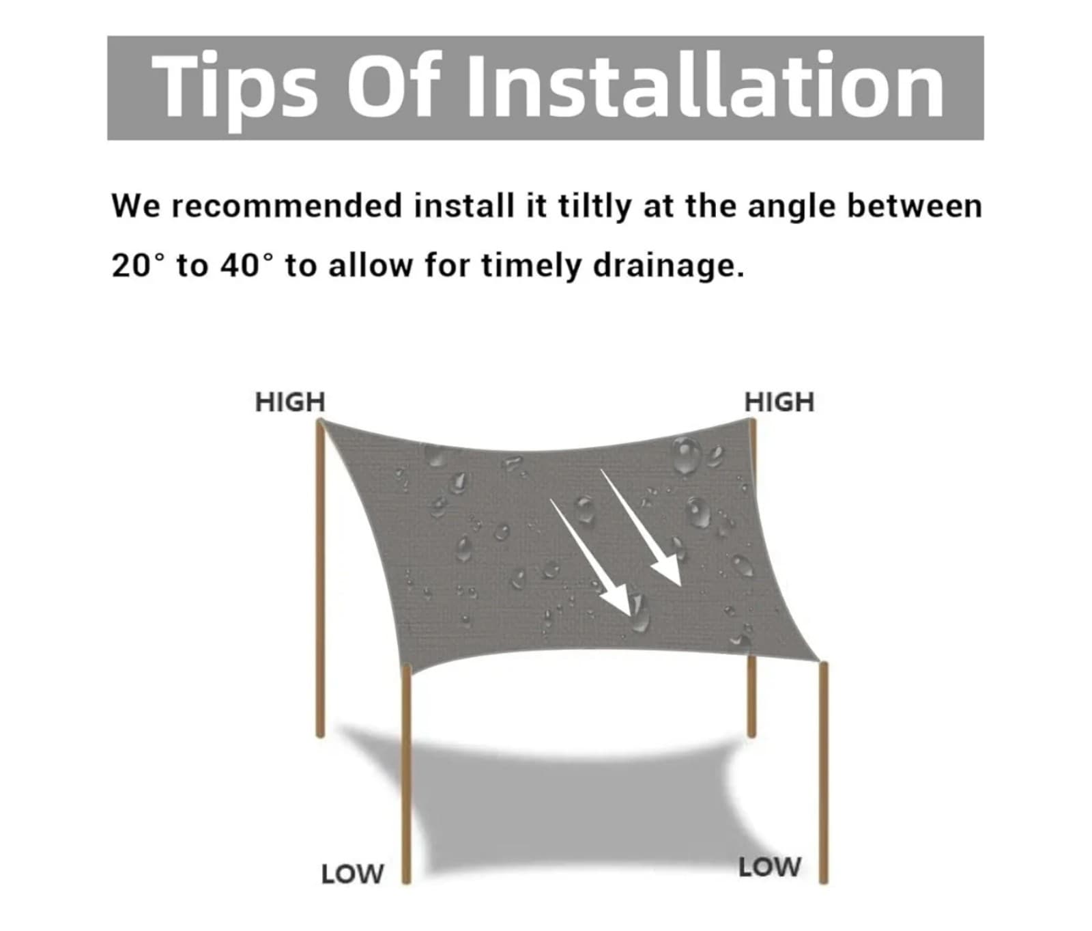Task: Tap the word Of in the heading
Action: (x=390, y=87)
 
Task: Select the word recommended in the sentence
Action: (x=287, y=206)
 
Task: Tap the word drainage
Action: (x=667, y=265)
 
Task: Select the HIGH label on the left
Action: (x=289, y=402)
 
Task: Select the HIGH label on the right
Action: (x=779, y=402)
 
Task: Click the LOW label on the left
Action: (x=352, y=874)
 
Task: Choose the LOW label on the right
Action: (x=769, y=867)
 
